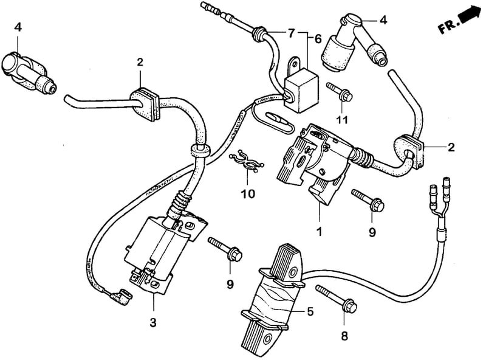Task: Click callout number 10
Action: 248,194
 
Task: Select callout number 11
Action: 342,119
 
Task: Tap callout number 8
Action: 344,336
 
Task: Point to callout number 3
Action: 153,322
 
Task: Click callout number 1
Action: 320,231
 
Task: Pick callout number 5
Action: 310,311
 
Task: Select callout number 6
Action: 318,39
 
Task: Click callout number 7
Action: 291,33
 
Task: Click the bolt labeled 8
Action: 337,298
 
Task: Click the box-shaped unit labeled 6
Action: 301,86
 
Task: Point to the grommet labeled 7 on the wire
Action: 259,33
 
